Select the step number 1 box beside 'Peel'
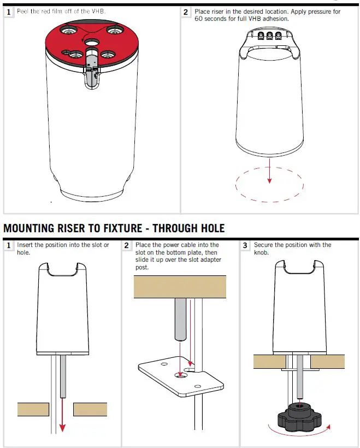[x=9, y=12]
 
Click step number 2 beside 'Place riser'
[x=186, y=12]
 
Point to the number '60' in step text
[x=199, y=19]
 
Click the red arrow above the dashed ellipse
[x=269, y=172]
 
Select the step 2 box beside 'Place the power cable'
[x=127, y=246]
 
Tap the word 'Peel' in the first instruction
[x=23, y=11]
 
